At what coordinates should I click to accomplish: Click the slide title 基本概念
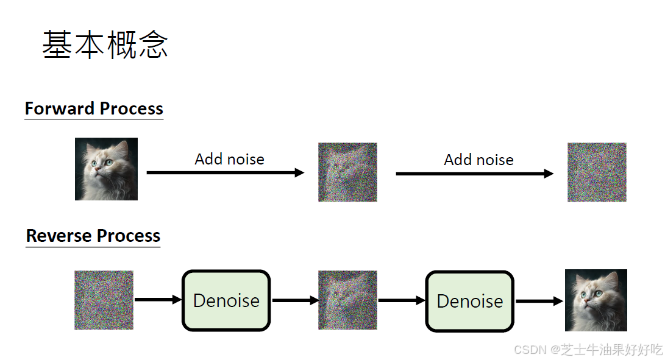(105, 45)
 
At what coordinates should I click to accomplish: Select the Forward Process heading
(94, 108)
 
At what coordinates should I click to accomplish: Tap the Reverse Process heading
(93, 236)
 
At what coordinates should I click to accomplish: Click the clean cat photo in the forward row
(106, 169)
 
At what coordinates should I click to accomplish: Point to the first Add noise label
(229, 160)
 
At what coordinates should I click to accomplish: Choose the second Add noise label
(478, 160)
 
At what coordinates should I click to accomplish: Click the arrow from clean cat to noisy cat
(225, 173)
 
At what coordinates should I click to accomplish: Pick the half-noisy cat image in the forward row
(347, 172)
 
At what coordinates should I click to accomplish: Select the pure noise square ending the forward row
(597, 172)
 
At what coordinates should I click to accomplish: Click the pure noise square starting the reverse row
(104, 300)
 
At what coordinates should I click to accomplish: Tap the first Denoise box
(226, 301)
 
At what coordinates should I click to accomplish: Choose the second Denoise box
(470, 301)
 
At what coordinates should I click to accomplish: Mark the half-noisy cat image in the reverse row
(347, 300)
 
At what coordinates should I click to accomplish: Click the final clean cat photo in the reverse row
(596, 300)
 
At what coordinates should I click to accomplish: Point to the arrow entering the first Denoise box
(158, 300)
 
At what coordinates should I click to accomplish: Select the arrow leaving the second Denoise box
(539, 301)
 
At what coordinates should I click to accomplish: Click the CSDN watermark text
(588, 350)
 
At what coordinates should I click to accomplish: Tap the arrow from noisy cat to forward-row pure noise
(474, 174)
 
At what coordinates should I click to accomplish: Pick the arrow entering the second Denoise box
(402, 300)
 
